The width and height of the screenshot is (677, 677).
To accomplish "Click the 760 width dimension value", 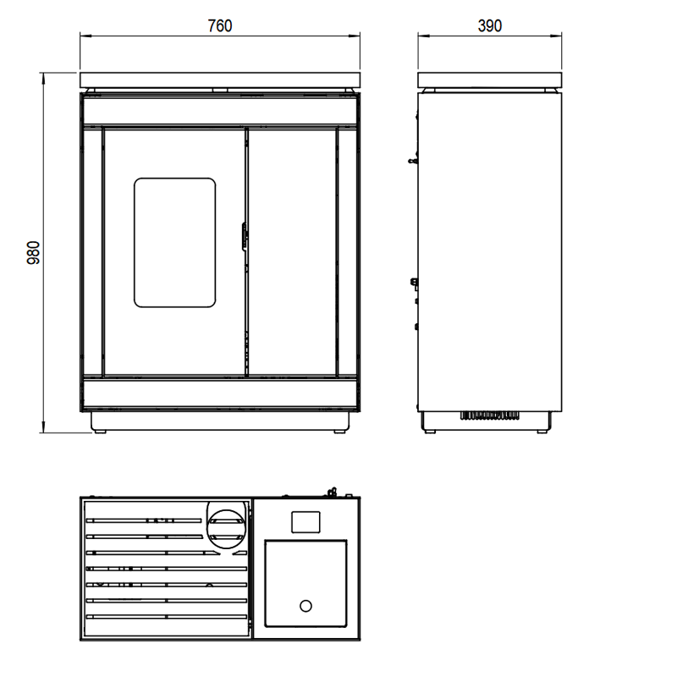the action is pos(220,26).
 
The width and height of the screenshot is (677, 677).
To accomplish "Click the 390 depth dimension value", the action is pos(490,26).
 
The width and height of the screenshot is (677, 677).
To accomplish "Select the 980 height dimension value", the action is pos(33,252).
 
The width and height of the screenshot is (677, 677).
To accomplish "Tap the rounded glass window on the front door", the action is pos(175,243).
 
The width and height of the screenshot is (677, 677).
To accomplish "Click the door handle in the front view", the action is pos(244,236).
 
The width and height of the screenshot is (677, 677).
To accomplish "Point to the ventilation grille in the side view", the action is pos(489,416).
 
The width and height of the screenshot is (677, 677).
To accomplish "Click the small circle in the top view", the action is pos(305,606).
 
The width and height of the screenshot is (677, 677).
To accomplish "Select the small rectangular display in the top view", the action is pos(305,522).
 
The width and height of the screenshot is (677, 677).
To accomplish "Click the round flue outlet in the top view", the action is pos(226,529).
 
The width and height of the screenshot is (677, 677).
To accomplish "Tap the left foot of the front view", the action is pos(100,432).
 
